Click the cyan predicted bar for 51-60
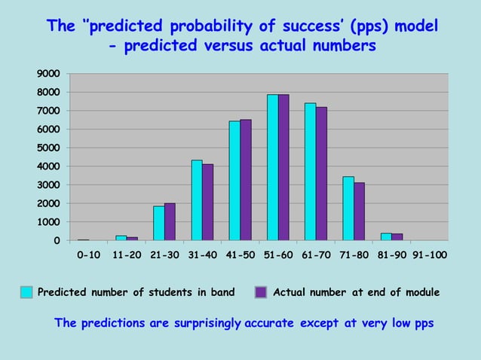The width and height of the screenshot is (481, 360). click(x=272, y=167)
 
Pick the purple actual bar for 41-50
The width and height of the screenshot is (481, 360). click(x=246, y=180)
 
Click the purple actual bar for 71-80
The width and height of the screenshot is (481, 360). click(x=359, y=212)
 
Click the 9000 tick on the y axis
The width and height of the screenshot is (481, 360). click(x=49, y=74)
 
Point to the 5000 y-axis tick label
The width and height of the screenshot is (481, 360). click(x=49, y=148)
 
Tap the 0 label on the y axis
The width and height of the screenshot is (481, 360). click(x=57, y=241)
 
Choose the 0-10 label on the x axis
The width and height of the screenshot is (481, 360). click(x=89, y=255)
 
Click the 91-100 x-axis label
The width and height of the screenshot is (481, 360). click(x=428, y=255)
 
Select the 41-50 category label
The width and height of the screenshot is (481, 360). click(x=240, y=255)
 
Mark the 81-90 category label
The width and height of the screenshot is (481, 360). click(x=391, y=255)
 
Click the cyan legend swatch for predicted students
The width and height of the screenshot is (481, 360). click(x=26, y=292)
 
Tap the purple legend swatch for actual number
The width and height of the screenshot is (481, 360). click(x=261, y=292)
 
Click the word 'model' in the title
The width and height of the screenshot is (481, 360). click(x=413, y=27)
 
